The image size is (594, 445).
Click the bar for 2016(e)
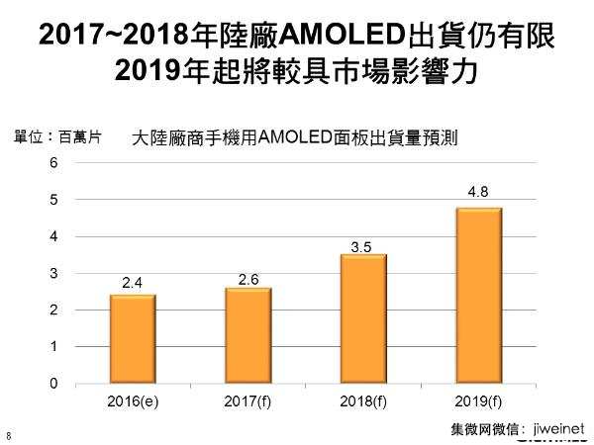click(x=133, y=338)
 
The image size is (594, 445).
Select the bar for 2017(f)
click(x=248, y=335)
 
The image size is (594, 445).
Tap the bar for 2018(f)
click(x=363, y=318)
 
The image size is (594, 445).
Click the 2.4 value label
click(x=133, y=284)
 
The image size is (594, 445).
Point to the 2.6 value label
click(x=248, y=279)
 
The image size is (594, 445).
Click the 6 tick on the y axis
click(x=53, y=163)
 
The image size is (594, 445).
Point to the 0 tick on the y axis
click(x=53, y=384)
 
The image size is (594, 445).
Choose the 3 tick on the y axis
click(x=53, y=273)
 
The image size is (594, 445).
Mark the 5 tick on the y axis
click(x=53, y=200)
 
